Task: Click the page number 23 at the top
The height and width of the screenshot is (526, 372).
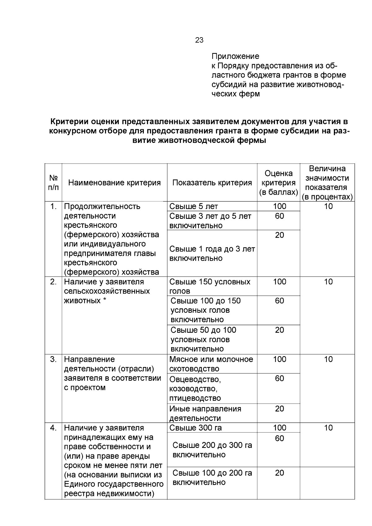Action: tap(199, 40)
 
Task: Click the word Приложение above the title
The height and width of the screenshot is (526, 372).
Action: tap(235, 56)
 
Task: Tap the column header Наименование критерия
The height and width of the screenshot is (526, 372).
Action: tap(114, 183)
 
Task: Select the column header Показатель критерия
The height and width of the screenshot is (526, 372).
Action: tap(212, 183)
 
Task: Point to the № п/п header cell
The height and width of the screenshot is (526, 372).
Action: tap(53, 183)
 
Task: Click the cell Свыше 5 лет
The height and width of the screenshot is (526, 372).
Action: tap(194, 206)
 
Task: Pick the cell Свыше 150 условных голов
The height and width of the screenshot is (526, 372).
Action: tap(210, 286)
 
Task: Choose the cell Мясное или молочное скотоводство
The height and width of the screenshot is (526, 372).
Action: tap(211, 364)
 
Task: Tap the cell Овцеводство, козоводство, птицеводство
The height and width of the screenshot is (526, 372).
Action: tap(195, 388)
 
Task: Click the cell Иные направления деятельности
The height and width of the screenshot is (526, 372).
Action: tap(205, 413)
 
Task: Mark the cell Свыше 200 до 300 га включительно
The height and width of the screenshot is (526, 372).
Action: tap(212, 450)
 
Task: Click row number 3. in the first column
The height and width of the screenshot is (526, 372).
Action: tap(53, 360)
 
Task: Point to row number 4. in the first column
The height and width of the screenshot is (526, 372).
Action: tap(53, 428)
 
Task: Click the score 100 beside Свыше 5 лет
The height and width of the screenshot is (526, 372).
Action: tap(279, 206)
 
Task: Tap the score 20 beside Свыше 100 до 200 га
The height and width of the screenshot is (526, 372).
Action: tap(279, 473)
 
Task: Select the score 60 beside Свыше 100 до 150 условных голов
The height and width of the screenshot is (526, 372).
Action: tap(279, 301)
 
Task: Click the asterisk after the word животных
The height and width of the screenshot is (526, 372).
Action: tap(104, 300)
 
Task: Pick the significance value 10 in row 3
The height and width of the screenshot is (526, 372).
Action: tap(328, 360)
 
